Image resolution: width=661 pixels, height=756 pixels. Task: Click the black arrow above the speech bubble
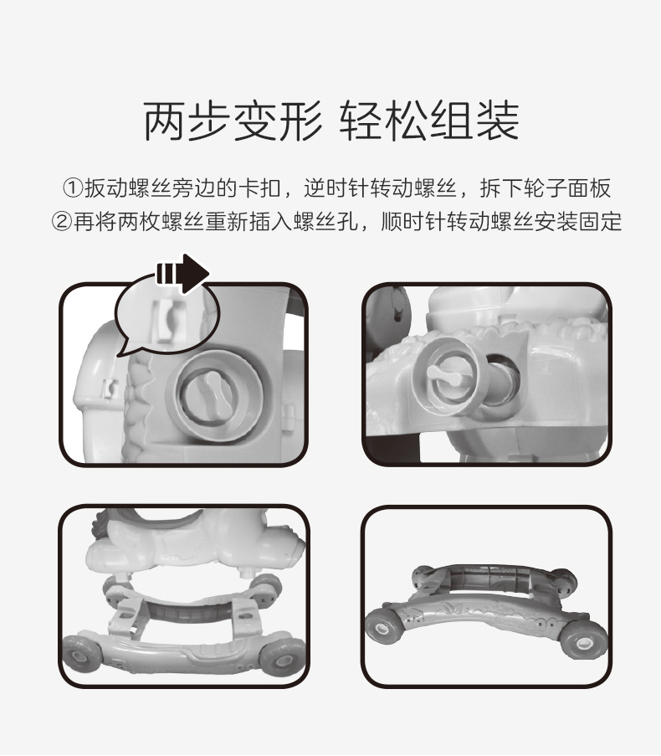click(183, 274)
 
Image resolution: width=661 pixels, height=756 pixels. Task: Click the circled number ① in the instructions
click(73, 188)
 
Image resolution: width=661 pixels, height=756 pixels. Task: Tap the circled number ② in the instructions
click(62, 222)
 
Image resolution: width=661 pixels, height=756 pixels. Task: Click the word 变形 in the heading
click(279, 121)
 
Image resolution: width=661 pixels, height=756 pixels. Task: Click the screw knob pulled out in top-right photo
click(447, 376)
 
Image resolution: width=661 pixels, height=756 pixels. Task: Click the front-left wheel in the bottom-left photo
click(81, 653)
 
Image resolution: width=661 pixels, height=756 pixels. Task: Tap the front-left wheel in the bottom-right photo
click(383, 627)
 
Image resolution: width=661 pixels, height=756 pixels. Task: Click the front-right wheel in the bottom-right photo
click(583, 640)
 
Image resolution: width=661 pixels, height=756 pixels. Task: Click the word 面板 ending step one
click(589, 188)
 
